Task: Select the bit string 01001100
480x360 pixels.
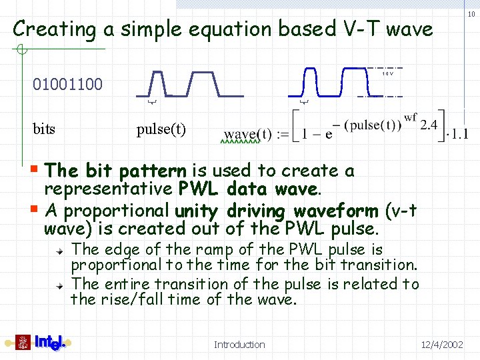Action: pos(68,84)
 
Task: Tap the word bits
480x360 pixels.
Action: pos(44,129)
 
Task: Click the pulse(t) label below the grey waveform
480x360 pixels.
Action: pos(161,129)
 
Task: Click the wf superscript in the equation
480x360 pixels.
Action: pos(411,118)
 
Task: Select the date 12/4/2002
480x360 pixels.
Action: pos(442,345)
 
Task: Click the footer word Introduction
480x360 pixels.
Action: pos(239,345)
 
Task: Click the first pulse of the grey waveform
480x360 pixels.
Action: pos(157,82)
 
